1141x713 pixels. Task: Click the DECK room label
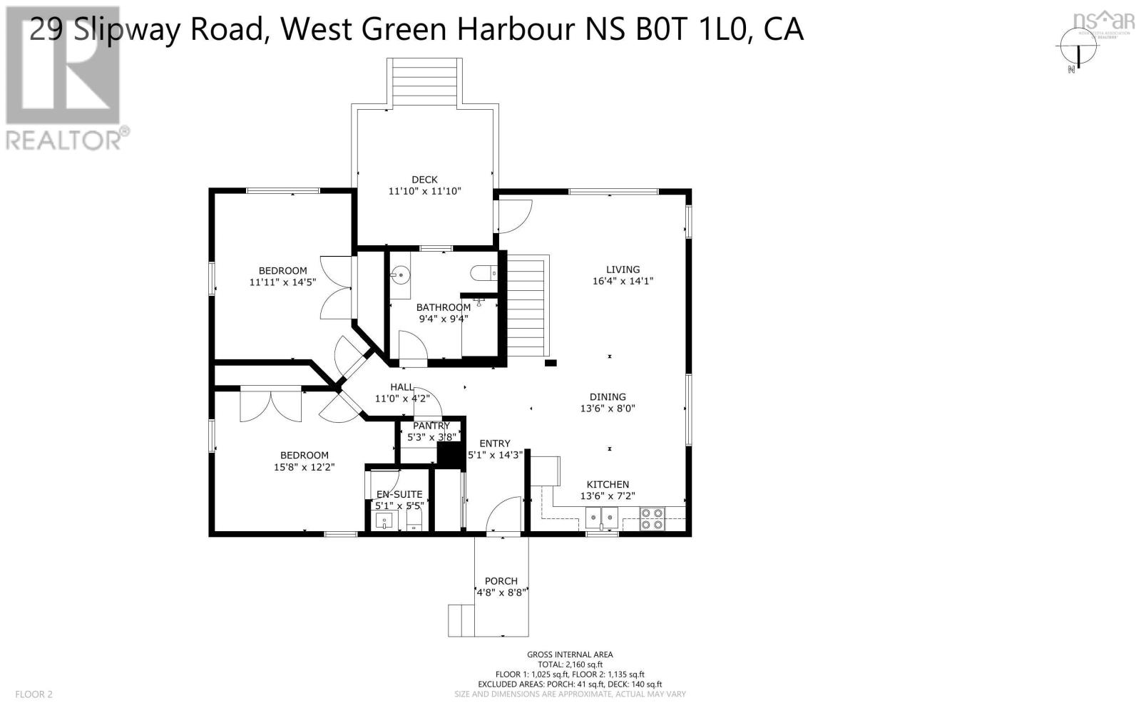pyautogui.click(x=424, y=180)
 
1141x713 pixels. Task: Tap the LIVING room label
pyautogui.click(x=623, y=270)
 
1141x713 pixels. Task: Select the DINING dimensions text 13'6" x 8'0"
pyautogui.click(x=608, y=409)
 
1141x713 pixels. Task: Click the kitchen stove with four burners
pyautogui.click(x=652, y=518)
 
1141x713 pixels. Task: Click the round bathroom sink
pyautogui.click(x=401, y=273)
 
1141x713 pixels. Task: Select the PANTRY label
pyautogui.click(x=431, y=426)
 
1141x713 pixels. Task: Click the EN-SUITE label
pyautogui.click(x=399, y=494)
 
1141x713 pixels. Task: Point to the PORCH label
pyautogui.click(x=501, y=580)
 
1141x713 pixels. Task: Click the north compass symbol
pyautogui.click(x=1077, y=51)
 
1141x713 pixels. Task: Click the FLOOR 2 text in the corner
pyautogui.click(x=34, y=694)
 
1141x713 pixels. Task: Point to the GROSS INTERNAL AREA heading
pyautogui.click(x=570, y=655)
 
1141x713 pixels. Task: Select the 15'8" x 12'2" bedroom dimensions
pyautogui.click(x=305, y=468)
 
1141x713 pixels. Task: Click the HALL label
pyautogui.click(x=401, y=387)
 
